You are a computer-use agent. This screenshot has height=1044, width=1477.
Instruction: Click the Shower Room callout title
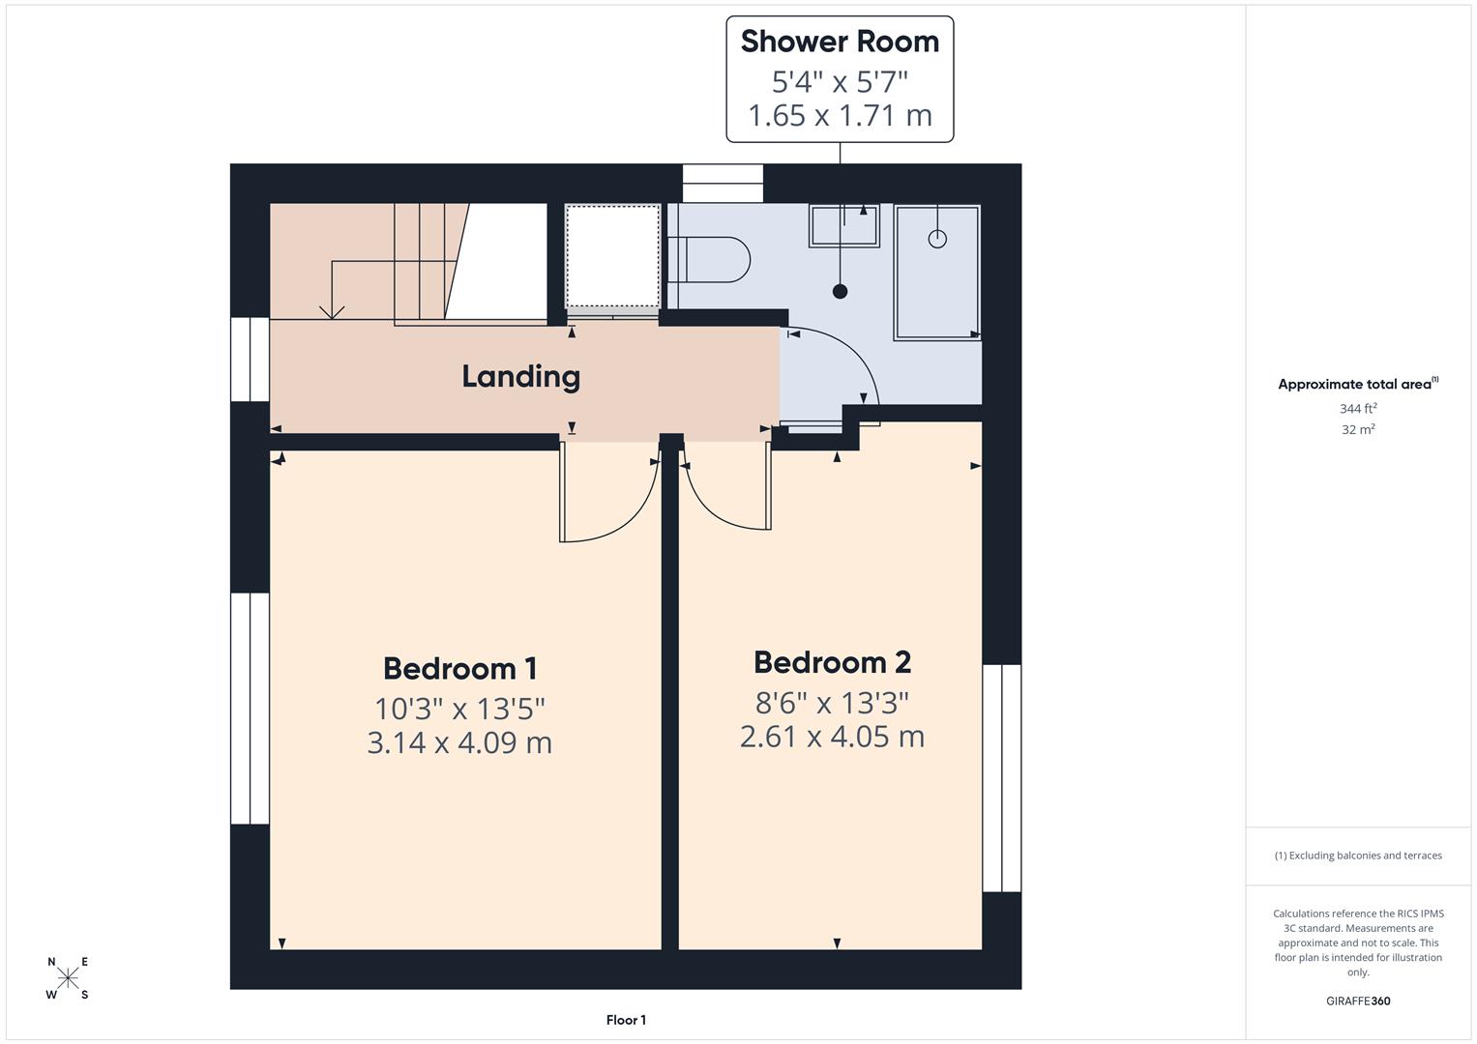pyautogui.click(x=840, y=42)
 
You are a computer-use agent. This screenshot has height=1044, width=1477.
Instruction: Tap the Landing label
pyautogui.click(x=520, y=376)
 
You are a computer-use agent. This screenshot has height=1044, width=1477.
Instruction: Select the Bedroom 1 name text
pyautogui.click(x=459, y=668)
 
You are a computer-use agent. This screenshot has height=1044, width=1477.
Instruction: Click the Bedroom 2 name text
pyautogui.click(x=832, y=662)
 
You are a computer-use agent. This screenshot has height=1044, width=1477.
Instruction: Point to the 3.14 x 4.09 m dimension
pyautogui.click(x=459, y=742)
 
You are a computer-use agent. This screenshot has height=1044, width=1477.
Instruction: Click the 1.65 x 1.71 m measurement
pyautogui.click(x=840, y=115)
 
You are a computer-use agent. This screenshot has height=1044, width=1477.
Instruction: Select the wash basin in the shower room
pyautogui.click(x=844, y=226)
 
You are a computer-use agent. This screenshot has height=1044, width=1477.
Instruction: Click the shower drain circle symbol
pyautogui.click(x=937, y=239)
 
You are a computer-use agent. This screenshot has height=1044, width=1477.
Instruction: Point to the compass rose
pyautogui.click(x=68, y=978)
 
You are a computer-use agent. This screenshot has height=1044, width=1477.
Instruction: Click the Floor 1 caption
pyautogui.click(x=626, y=1020)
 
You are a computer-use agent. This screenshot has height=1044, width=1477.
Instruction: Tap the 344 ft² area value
pyautogui.click(x=1358, y=408)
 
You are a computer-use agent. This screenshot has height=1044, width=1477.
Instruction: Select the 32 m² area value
pyautogui.click(x=1358, y=429)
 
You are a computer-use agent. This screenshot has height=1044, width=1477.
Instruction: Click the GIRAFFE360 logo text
pyautogui.click(x=1358, y=1000)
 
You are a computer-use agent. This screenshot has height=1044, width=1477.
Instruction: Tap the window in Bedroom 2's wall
pyautogui.click(x=1002, y=777)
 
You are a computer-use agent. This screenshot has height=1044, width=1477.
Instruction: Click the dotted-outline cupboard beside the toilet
pyautogui.click(x=613, y=256)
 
